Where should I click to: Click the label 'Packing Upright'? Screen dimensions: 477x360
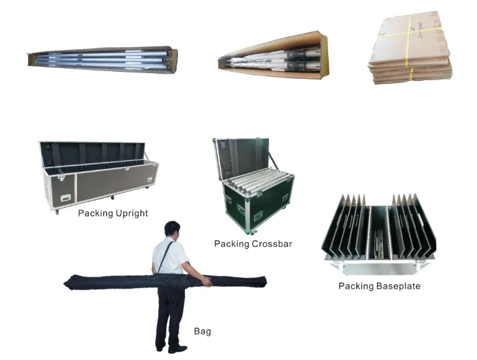pos(113,213)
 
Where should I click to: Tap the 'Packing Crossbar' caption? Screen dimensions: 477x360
pos(253,244)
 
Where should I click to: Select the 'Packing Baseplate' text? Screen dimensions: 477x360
pos(379,286)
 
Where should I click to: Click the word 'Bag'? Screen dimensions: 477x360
pos(202,331)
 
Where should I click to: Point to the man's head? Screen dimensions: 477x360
pos(173,230)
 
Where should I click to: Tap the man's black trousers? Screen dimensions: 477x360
pos(170,312)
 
